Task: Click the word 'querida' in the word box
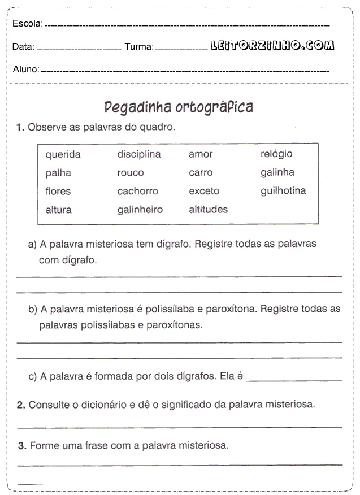point(63,154)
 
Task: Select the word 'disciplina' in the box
point(139,154)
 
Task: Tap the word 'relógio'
point(276,154)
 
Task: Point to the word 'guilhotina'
point(283,190)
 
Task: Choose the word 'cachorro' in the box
point(138,191)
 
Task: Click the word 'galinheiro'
point(140,210)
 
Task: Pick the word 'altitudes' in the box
point(209,209)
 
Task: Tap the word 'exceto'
point(204,191)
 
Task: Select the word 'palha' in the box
point(58,173)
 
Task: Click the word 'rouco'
point(131,173)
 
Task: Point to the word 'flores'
point(58,191)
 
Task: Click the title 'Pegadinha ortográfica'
point(179,107)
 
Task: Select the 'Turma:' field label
point(138,47)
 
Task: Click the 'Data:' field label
point(23,47)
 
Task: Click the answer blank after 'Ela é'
point(294,377)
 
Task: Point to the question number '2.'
point(21,405)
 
